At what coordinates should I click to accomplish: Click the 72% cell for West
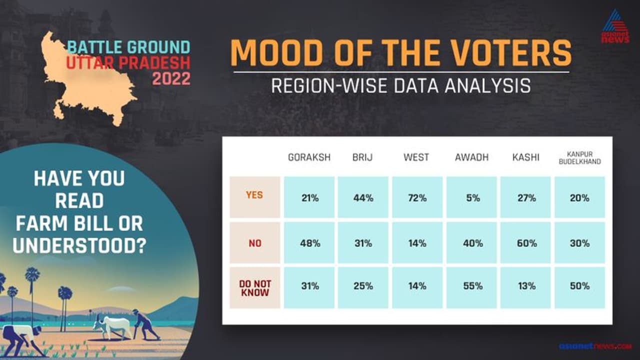(x=417, y=197)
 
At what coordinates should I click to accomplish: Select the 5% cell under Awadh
(x=471, y=197)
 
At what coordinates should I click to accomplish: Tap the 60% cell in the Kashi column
(x=525, y=243)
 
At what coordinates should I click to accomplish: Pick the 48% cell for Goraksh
(x=309, y=243)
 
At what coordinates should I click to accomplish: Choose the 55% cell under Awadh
(x=471, y=287)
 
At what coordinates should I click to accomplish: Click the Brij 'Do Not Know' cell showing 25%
(x=363, y=287)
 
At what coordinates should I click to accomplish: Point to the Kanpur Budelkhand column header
(x=579, y=158)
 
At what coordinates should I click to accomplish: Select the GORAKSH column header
(x=309, y=157)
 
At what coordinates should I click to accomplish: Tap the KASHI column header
(x=525, y=157)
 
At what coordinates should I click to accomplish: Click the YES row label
(x=254, y=195)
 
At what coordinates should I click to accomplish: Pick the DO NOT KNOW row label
(x=255, y=288)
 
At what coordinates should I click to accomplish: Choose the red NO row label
(x=255, y=243)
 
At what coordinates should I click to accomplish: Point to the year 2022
(x=171, y=78)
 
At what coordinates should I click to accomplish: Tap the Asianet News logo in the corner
(x=615, y=26)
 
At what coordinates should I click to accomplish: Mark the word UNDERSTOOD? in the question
(x=79, y=245)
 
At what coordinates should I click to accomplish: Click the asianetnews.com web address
(x=595, y=346)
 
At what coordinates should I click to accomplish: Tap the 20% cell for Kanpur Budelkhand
(x=579, y=197)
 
